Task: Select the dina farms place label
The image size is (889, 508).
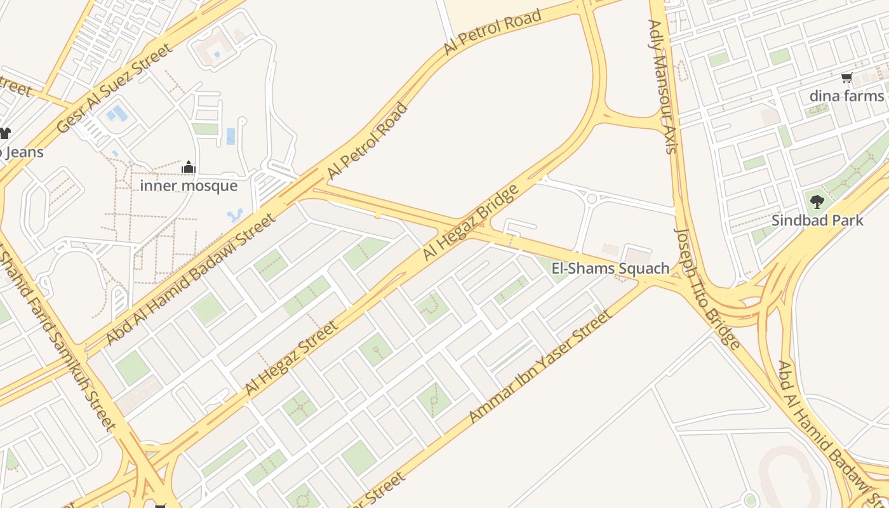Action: click(x=846, y=96)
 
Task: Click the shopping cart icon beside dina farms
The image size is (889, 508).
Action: click(x=846, y=78)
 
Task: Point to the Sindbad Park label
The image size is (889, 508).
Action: click(x=817, y=220)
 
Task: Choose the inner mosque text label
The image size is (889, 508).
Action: click(x=189, y=186)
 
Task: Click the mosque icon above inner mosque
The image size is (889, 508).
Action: click(x=189, y=168)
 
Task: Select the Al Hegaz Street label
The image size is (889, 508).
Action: click(x=291, y=358)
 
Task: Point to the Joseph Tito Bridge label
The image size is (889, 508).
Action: click(x=707, y=289)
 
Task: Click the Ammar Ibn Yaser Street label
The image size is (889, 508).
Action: click(x=540, y=366)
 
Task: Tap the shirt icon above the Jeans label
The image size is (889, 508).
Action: click(x=4, y=133)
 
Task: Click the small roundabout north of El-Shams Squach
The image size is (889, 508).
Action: click(x=592, y=199)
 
